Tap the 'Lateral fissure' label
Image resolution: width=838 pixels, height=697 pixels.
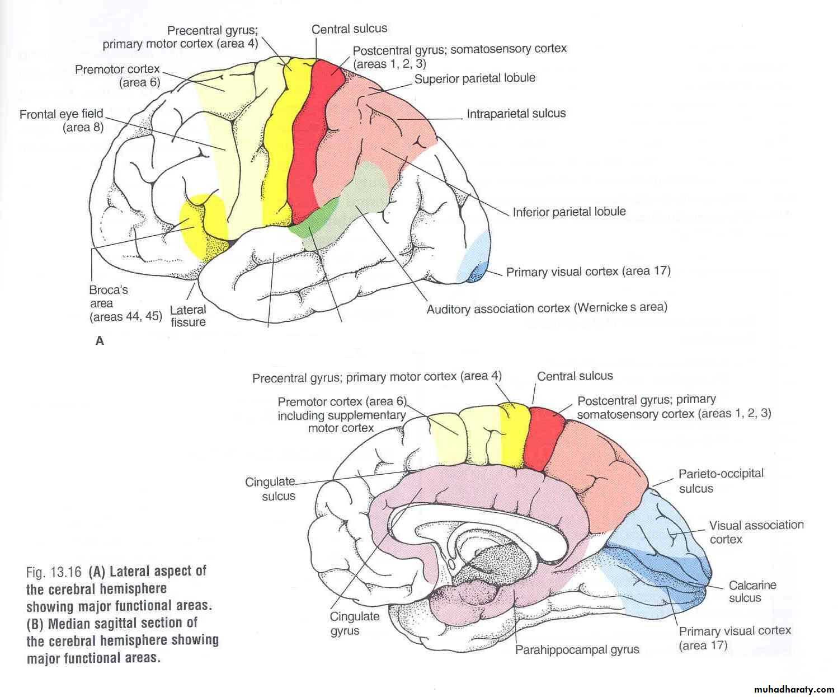coord(188,316)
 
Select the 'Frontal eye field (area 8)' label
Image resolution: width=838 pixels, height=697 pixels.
coord(62,121)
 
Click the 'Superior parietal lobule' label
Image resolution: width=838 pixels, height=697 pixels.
coord(474,78)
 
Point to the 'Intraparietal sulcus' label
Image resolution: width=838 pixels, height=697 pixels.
coord(516,114)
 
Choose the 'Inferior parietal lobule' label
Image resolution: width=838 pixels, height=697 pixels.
coord(569,212)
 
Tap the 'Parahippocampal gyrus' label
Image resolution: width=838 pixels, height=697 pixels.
coord(577,650)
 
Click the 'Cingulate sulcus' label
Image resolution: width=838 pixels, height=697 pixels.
coord(271,488)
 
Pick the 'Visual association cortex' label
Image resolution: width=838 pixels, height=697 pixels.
coord(756,532)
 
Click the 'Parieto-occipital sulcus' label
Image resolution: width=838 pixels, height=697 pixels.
coord(721,480)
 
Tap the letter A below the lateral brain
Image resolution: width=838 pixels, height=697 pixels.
coord(100,340)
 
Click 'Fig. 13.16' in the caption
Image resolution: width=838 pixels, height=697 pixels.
coord(55,572)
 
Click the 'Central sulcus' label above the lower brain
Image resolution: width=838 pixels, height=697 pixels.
coord(575,376)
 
